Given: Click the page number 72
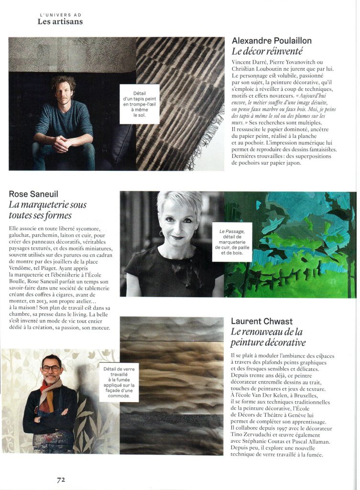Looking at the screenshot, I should click(x=61, y=479).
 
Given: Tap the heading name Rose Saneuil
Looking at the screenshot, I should click(x=33, y=194).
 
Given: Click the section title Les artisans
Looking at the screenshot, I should click(x=60, y=21).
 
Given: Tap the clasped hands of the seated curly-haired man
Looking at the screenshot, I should click(x=62, y=143).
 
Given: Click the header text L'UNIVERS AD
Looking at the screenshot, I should click(x=60, y=14).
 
